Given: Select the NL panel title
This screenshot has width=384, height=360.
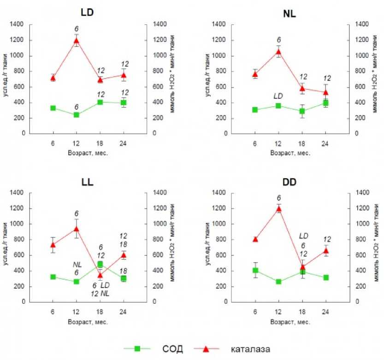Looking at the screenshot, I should [289, 13].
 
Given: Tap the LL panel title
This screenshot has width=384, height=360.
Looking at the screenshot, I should [86, 181].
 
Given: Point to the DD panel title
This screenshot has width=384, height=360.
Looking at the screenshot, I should [289, 181].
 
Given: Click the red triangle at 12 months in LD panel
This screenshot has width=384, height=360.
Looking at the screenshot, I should [77, 41].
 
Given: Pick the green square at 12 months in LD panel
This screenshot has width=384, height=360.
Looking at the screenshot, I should [77, 115].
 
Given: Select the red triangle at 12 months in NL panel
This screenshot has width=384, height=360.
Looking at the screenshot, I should [278, 52].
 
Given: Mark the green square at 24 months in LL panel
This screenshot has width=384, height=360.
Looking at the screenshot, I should [124, 278].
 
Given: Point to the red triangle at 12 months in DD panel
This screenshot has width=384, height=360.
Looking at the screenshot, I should [278, 209].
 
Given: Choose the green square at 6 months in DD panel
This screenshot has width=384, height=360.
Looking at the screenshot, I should [255, 271].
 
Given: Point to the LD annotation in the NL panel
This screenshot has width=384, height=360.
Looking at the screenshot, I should [278, 96].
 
